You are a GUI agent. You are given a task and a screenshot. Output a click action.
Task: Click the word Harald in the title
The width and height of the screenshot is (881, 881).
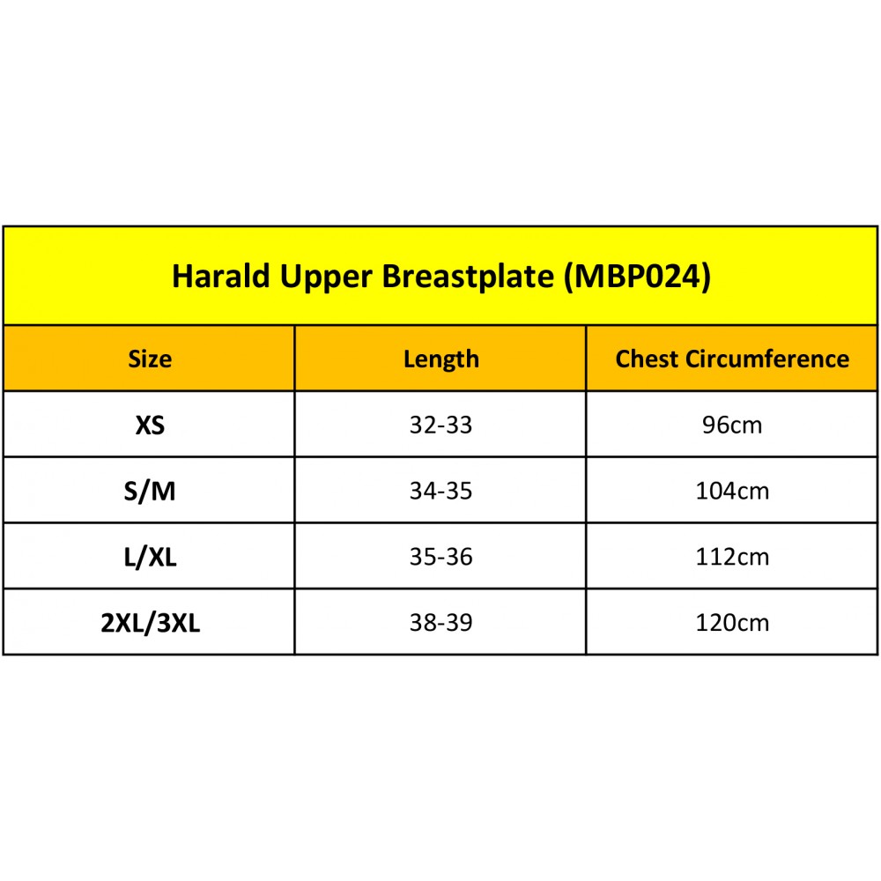click(221, 276)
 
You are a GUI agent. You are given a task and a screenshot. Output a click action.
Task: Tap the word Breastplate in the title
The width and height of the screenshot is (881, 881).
click(468, 277)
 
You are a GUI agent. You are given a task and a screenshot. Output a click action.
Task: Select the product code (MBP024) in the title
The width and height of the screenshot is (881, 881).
click(638, 277)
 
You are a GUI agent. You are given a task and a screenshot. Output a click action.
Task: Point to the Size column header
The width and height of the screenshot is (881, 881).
click(150, 359)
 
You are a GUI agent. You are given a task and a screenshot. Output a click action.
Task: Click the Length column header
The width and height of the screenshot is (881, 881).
click(441, 359)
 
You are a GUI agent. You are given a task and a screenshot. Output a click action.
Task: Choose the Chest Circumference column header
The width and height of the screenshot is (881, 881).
click(732, 359)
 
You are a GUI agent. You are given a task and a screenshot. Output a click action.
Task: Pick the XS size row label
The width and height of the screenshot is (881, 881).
click(150, 425)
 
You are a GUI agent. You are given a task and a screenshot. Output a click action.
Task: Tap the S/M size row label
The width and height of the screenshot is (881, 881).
click(150, 491)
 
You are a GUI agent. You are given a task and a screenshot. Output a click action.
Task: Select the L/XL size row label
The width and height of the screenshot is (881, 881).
click(150, 557)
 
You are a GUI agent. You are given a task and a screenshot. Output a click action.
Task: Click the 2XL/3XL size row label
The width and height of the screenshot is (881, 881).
click(150, 623)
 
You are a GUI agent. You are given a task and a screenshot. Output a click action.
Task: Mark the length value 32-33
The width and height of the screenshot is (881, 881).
click(441, 425)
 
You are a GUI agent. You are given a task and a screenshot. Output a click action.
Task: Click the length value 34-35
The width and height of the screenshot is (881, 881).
click(441, 491)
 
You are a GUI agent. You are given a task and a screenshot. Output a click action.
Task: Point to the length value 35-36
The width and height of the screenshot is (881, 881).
click(441, 557)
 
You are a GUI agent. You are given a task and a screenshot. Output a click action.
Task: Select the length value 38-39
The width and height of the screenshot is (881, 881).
click(441, 623)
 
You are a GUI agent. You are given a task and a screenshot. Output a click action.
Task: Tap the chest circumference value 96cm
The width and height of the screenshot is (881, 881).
click(732, 426)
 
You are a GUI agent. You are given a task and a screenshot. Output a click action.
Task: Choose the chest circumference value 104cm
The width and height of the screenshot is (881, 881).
click(732, 491)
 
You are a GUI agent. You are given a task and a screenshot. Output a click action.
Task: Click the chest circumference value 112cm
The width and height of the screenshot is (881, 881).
click(732, 557)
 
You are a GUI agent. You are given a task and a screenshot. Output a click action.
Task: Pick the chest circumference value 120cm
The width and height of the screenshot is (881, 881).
click(732, 623)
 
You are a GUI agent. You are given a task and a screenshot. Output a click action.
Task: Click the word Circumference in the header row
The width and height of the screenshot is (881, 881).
click(767, 359)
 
